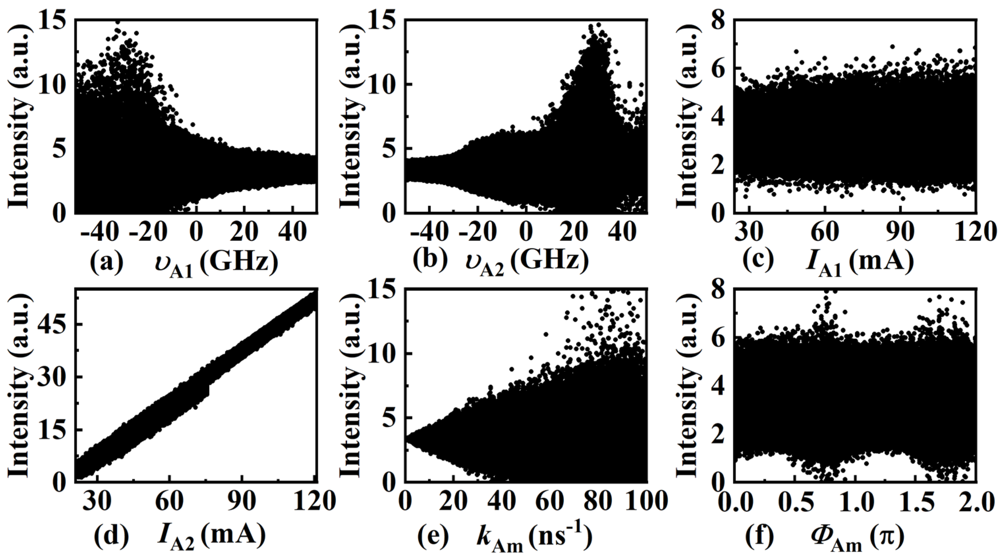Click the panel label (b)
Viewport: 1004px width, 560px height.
[x=430, y=261]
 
